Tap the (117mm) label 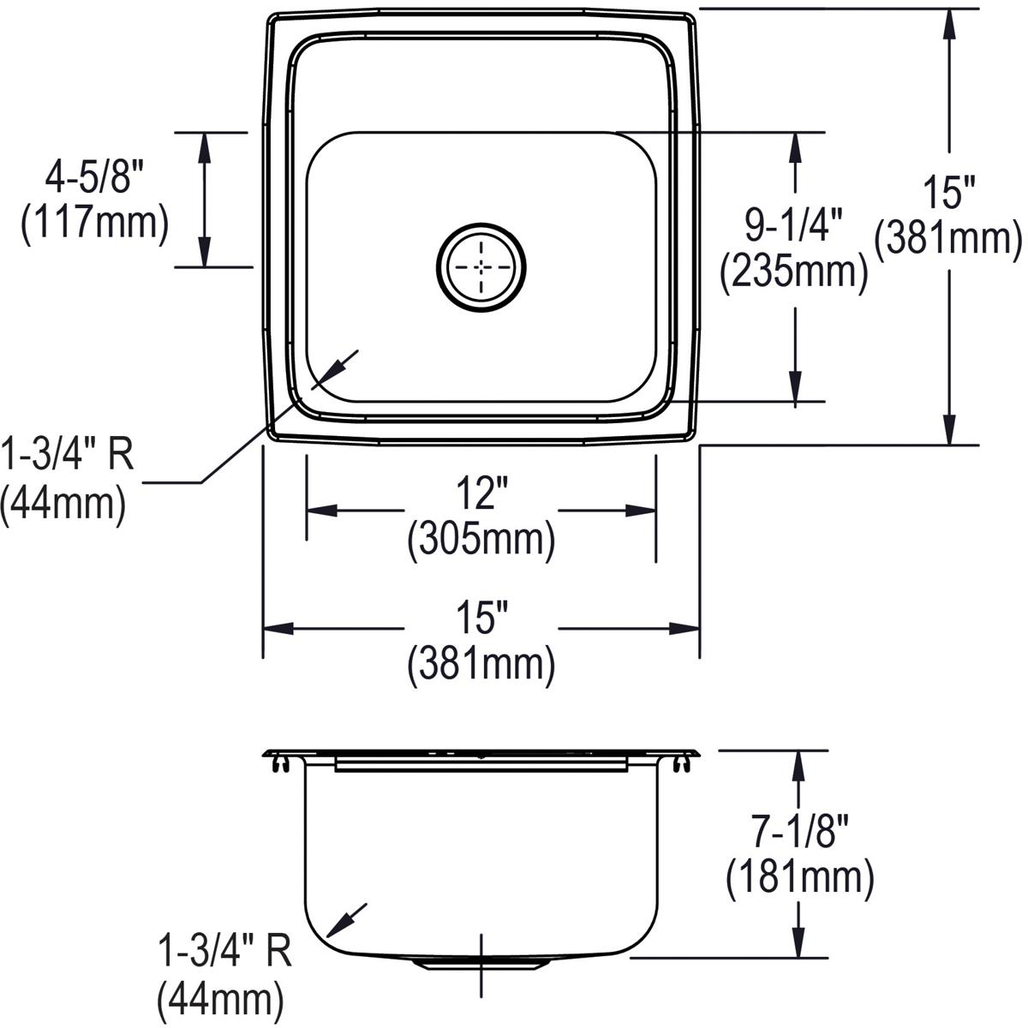click(x=93, y=224)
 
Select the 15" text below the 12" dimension click(x=481, y=619)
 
